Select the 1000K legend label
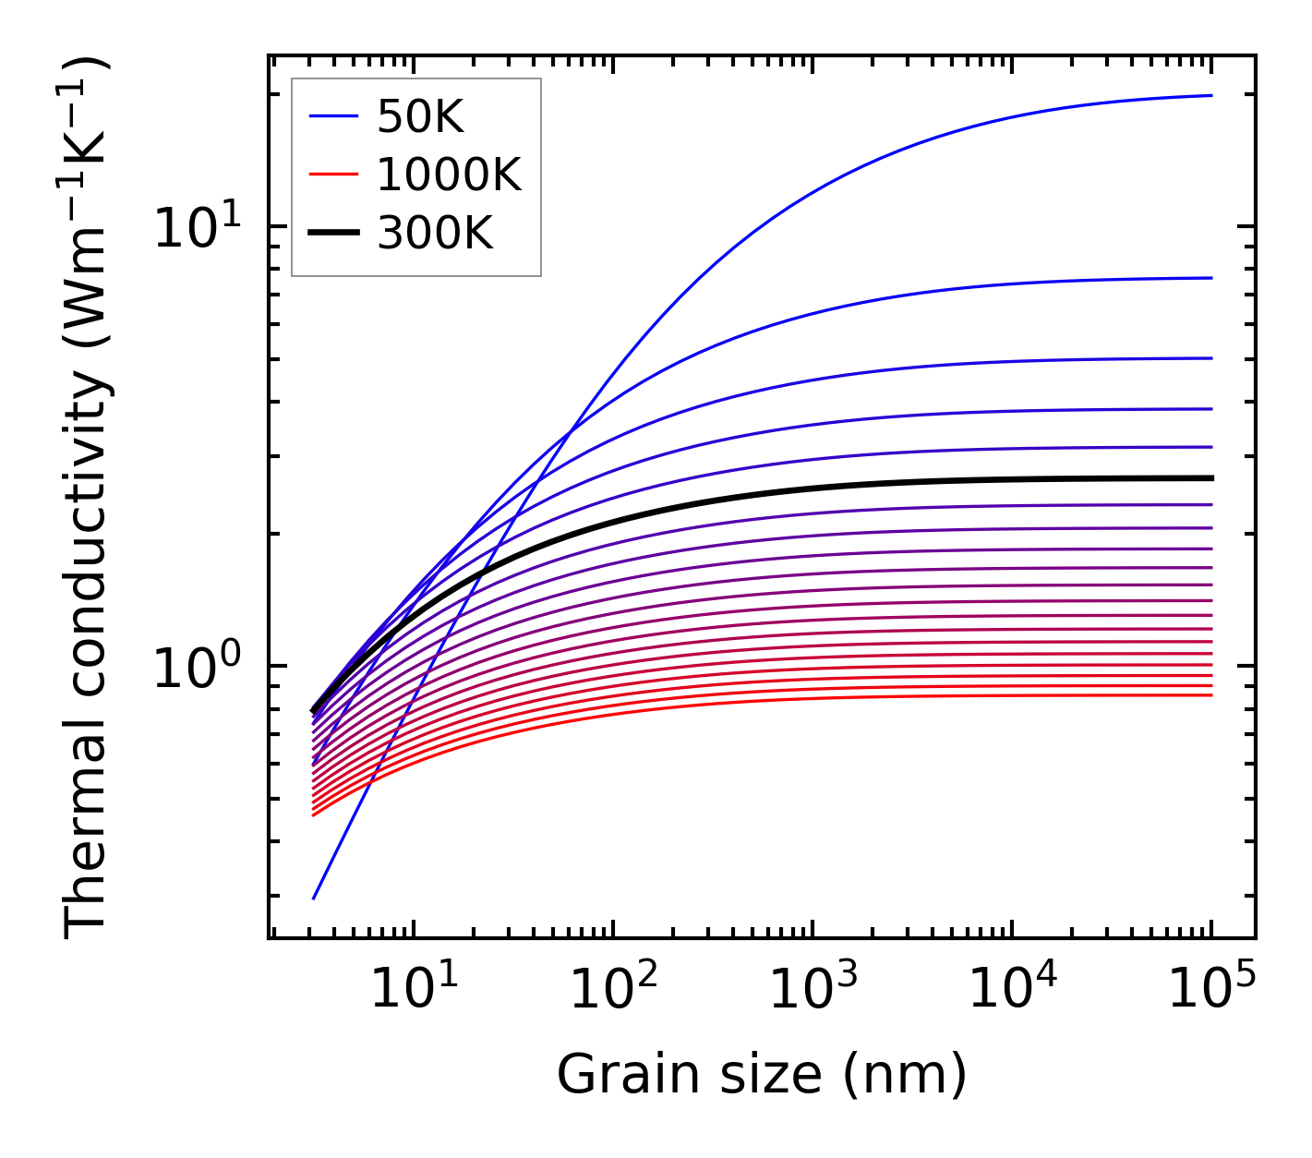pyautogui.click(x=449, y=175)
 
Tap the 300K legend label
pyautogui.click(x=435, y=234)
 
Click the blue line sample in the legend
pyautogui.click(x=333, y=116)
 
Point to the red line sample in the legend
pyautogui.click(x=333, y=175)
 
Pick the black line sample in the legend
pyautogui.click(x=333, y=234)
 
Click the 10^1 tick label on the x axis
pyautogui.click(x=414, y=991)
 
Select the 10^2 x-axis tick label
pyautogui.click(x=614, y=991)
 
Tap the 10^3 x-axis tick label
pyautogui.click(x=813, y=991)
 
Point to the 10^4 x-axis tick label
pyautogui.click(x=1013, y=991)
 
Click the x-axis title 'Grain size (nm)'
pyautogui.click(x=762, y=1075)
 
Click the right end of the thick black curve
pyautogui.click(x=1211, y=478)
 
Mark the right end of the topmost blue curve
pyautogui.click(x=1211, y=95)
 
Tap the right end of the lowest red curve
pyautogui.click(x=1211, y=694)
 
